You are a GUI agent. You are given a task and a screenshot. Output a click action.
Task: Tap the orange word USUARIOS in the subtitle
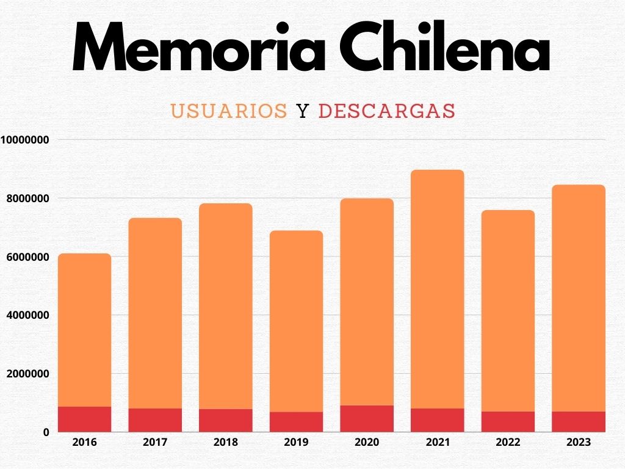coord(229,111)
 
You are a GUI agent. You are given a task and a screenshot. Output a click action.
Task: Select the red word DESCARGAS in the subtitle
coord(387,111)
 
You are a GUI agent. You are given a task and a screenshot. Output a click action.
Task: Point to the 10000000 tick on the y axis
coord(25,140)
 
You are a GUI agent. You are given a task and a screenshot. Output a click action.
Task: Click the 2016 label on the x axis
coord(84,442)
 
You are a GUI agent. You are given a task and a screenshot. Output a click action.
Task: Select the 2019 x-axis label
coord(296,442)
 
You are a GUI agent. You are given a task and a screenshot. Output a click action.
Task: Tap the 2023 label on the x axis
coord(579,442)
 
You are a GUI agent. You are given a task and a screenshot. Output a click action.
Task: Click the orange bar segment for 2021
coord(438,287)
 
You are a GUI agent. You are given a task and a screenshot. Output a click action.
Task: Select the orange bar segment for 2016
coord(84,330)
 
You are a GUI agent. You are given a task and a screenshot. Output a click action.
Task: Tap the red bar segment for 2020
coord(367,418)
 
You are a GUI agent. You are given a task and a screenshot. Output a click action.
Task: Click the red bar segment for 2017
coord(155,420)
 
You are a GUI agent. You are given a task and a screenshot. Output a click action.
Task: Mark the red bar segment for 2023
coord(579,421)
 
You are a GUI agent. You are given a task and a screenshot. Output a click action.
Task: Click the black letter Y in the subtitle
coord(302,111)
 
